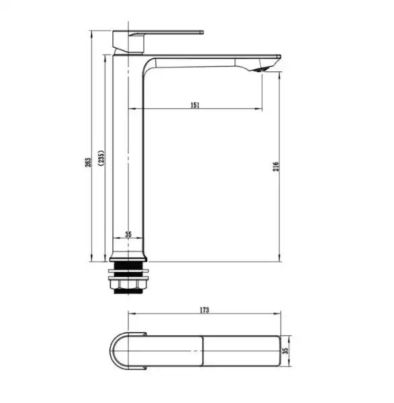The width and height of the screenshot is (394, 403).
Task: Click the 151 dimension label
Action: (195, 105)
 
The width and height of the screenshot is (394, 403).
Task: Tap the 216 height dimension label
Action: (276, 167)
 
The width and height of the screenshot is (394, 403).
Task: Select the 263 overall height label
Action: (88, 163)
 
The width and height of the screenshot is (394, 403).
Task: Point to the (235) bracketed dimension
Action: (101, 158)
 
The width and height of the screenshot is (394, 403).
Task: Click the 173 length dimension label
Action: (204, 310)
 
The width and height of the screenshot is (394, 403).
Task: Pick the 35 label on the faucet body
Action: (128, 234)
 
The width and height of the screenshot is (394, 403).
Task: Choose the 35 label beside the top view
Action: (285, 351)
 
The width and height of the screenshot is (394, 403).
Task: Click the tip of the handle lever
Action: (202, 32)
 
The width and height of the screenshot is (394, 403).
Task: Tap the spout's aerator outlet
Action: (261, 69)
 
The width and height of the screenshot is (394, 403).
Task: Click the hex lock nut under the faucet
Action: (128, 283)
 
